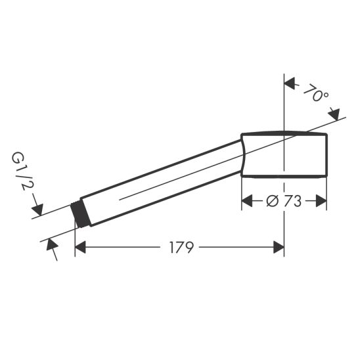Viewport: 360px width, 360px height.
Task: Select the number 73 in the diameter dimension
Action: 293,201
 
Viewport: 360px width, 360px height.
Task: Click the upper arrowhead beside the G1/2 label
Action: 38,211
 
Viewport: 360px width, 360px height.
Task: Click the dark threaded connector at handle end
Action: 82,214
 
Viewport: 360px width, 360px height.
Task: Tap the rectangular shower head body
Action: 286,154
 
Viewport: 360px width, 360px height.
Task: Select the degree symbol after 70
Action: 326,97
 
